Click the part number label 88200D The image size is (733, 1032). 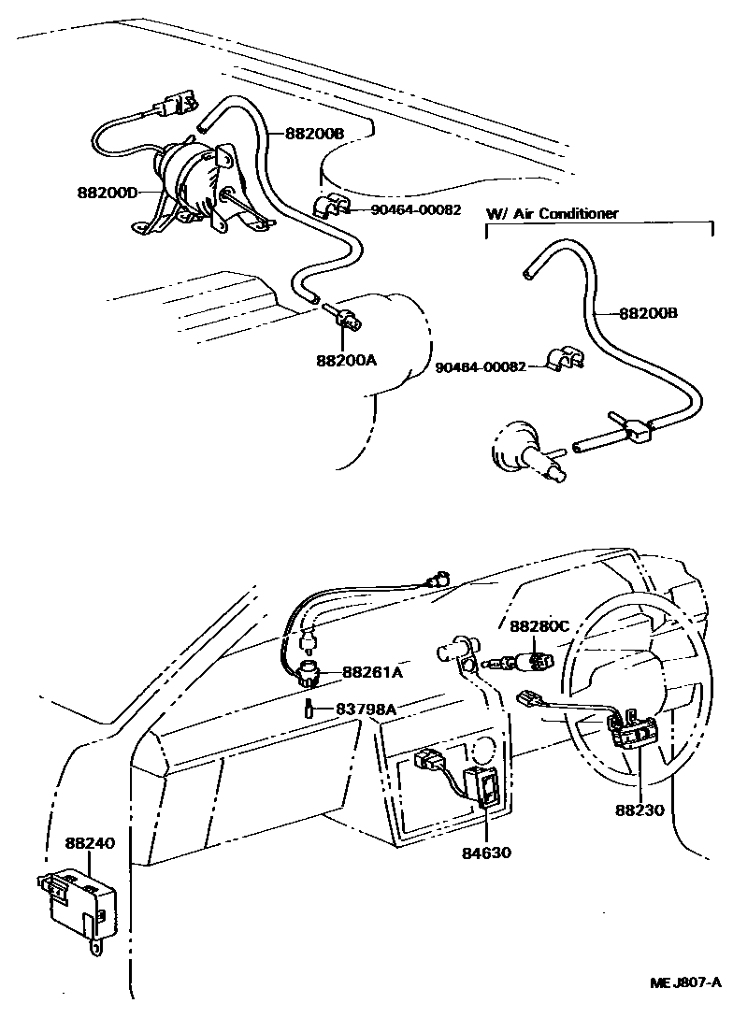[x=108, y=193]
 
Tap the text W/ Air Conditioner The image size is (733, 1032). [x=552, y=214]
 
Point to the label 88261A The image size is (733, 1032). [x=372, y=671]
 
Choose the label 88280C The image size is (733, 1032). [x=539, y=625]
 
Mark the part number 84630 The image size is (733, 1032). [x=486, y=852]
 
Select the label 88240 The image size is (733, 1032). [x=89, y=842]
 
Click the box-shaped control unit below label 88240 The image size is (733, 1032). [x=79, y=902]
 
